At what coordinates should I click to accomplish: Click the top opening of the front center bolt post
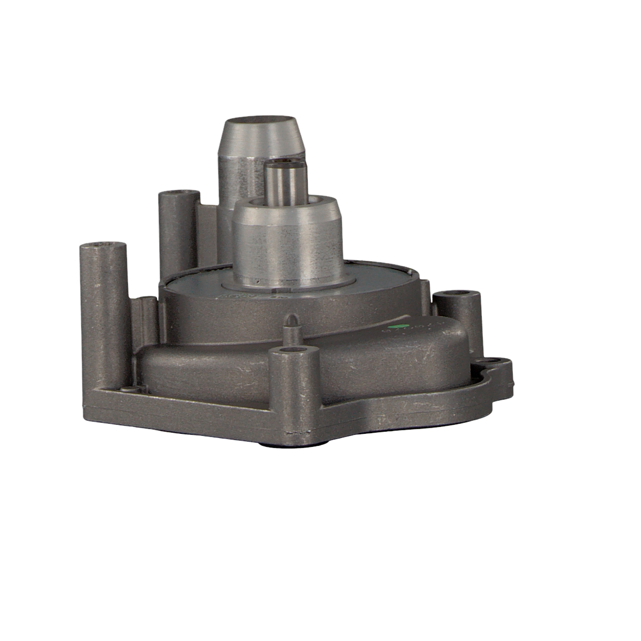(x=294, y=353)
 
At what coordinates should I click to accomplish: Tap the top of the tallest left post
(x=103, y=246)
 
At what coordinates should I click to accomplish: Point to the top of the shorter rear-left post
(x=179, y=195)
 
